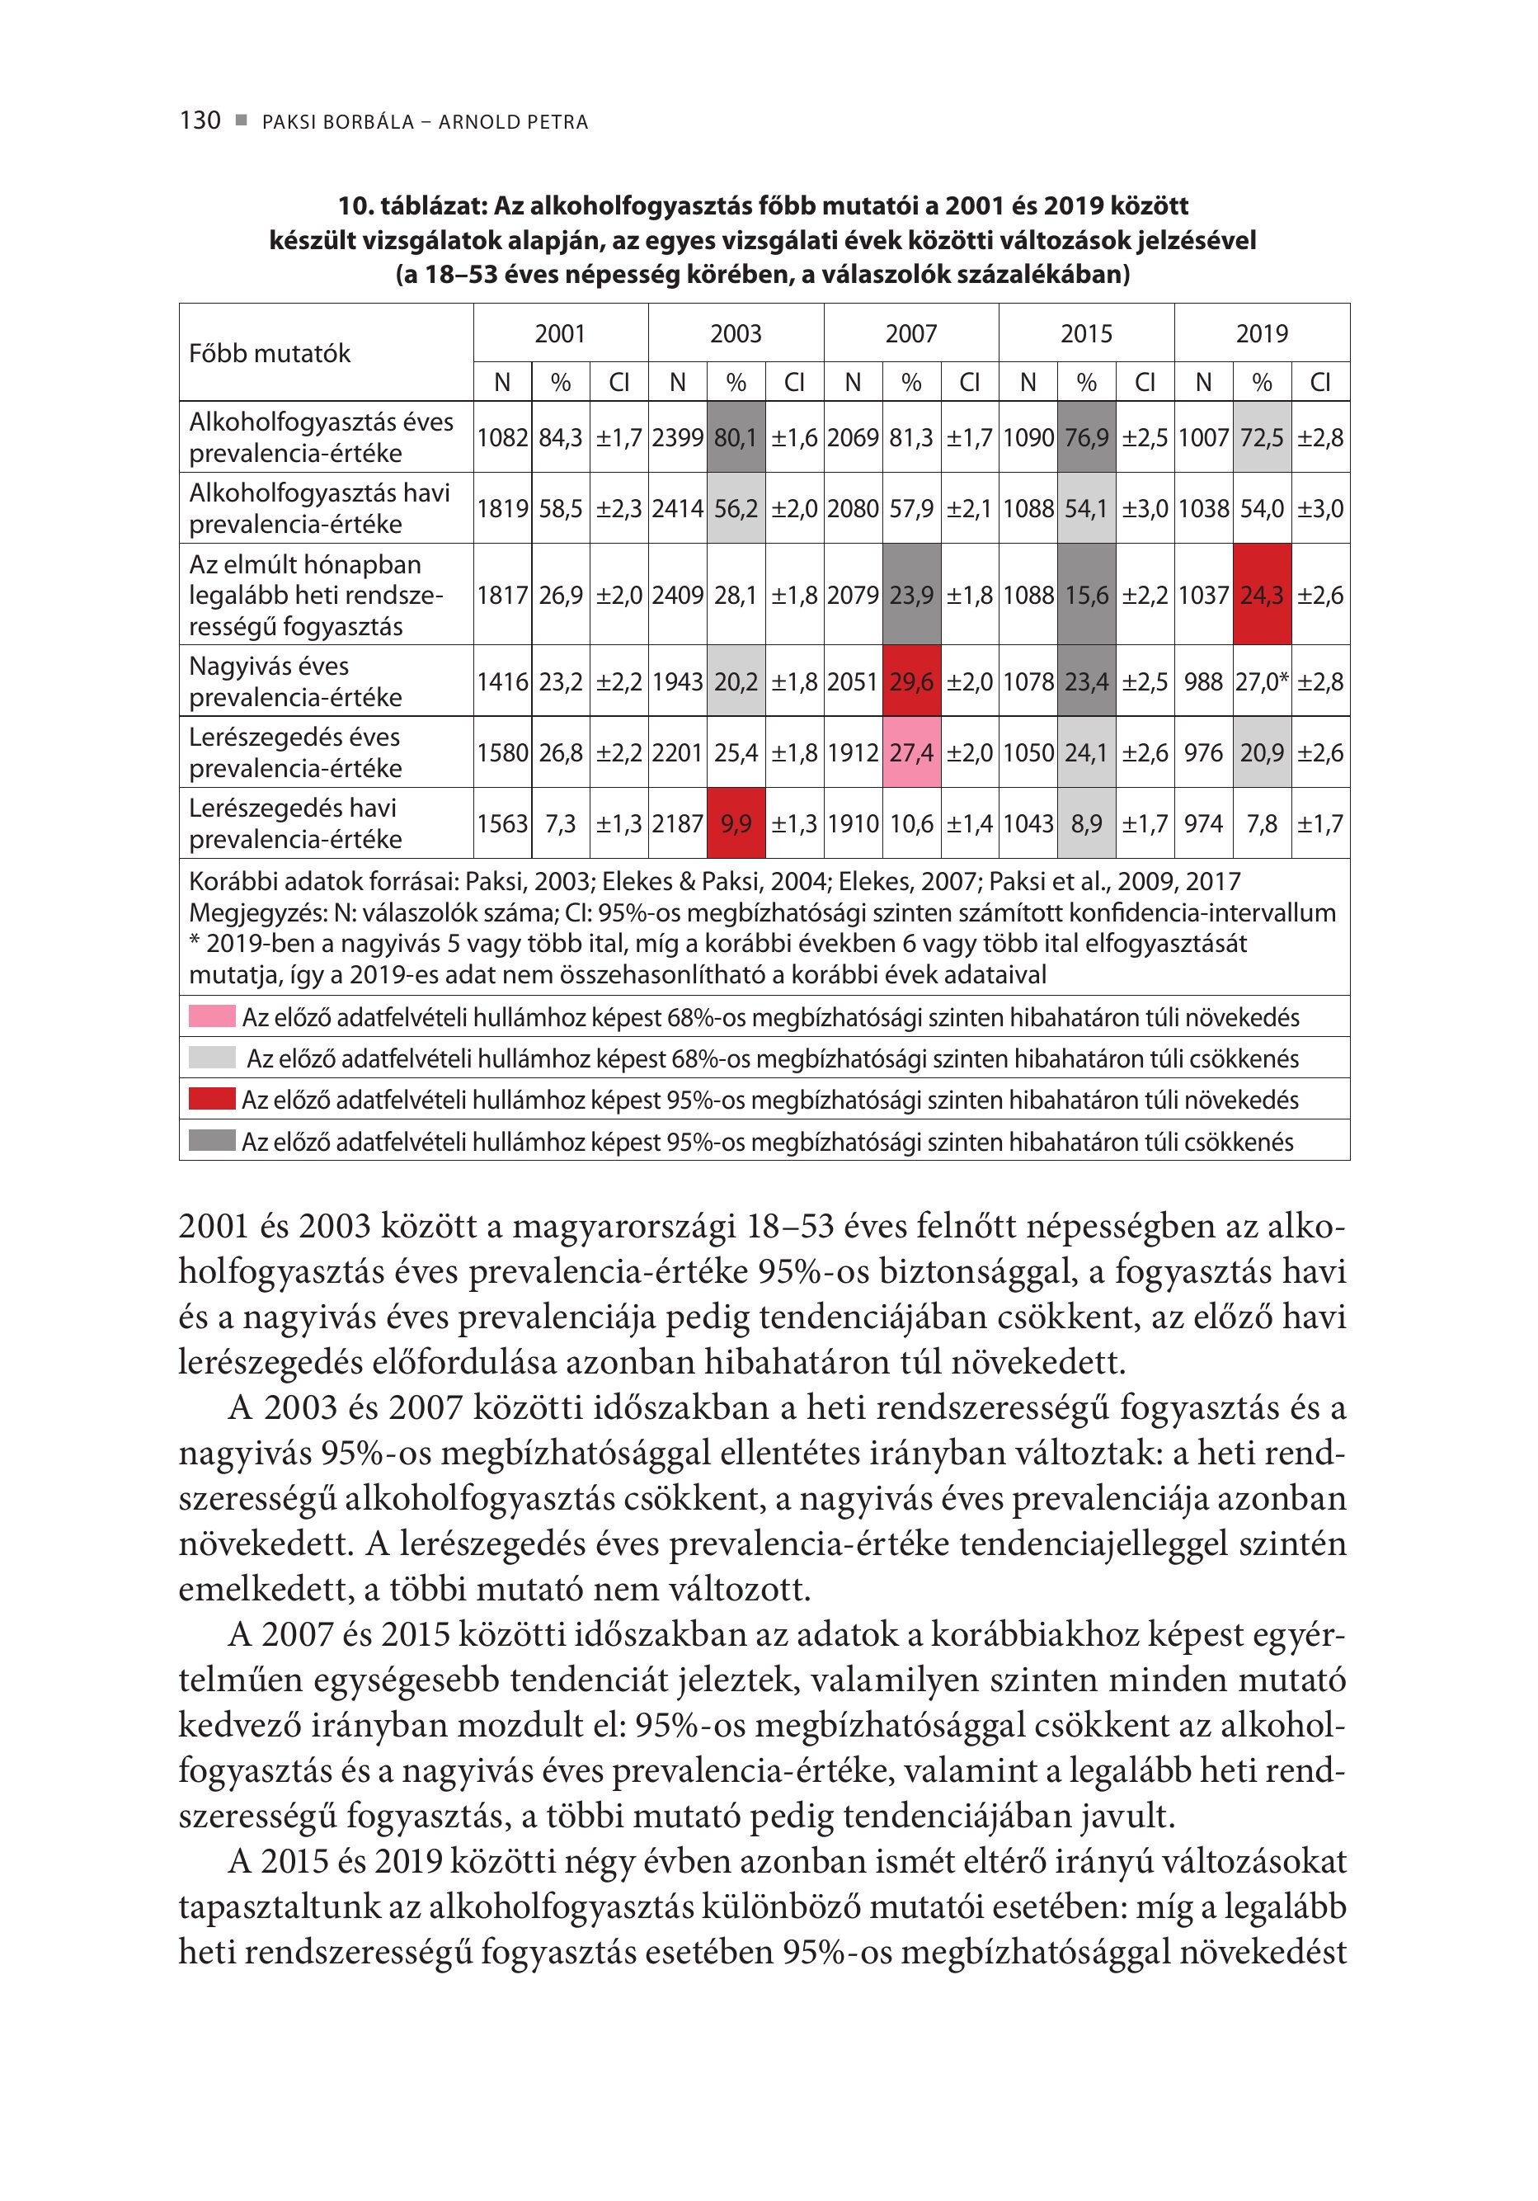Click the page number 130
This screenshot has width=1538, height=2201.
tap(200, 120)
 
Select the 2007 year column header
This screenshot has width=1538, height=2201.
tap(910, 333)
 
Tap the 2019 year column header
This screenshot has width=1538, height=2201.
tap(1261, 333)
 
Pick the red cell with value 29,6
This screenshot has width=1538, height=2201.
tap(911, 681)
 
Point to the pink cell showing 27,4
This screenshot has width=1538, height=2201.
tap(911, 752)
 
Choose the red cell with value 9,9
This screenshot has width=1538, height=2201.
tap(736, 823)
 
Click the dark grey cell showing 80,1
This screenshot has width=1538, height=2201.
tap(736, 438)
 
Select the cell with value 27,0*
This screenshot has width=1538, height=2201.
tap(1262, 681)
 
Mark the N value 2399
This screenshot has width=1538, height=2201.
tap(678, 438)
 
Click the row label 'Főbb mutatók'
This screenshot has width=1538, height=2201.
tap(270, 354)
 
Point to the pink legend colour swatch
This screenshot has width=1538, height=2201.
tap(212, 1016)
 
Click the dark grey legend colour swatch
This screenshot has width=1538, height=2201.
tap(212, 1141)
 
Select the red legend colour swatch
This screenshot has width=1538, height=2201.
tap(212, 1100)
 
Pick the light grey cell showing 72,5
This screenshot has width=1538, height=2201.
tap(1262, 438)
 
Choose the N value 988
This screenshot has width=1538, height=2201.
tap(1203, 681)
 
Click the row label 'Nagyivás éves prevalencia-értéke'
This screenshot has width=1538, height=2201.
tap(295, 681)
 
